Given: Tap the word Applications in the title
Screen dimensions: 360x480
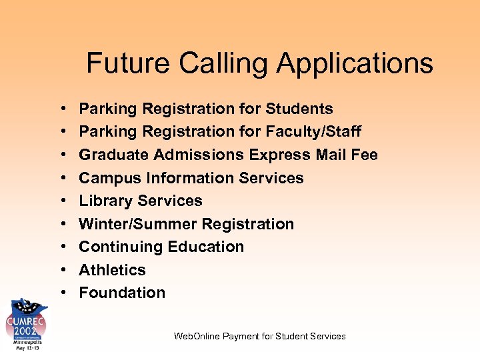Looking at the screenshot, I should pos(355,64).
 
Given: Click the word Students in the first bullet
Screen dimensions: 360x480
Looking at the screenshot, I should pos(299,109).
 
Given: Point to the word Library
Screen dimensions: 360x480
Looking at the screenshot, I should pos(105,201).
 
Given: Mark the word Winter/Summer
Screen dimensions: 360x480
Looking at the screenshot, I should pos(138,224).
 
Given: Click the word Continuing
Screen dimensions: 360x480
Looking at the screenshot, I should pos(121,247).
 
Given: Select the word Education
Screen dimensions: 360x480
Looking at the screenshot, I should pos(206,247).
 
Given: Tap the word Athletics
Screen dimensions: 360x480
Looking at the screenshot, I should pos(112,270).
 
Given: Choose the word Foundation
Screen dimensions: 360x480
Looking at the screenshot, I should pos(122,293).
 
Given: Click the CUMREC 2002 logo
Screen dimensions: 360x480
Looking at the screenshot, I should pos(27,325).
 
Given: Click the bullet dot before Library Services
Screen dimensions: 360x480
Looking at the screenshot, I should pos(61,201).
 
